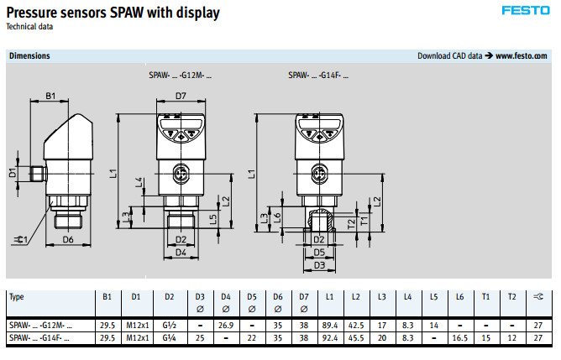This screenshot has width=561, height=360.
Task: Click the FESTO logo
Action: point(526,11)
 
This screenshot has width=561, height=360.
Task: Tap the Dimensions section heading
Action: point(29,56)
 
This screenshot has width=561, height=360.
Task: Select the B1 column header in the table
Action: point(107,297)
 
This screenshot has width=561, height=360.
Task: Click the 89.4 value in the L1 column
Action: point(329,324)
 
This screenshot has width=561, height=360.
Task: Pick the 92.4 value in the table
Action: point(329,337)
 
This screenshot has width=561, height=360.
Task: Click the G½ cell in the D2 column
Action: point(170,324)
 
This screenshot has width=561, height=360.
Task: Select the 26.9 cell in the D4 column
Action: point(225,324)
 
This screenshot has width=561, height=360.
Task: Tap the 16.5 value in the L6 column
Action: point(459,337)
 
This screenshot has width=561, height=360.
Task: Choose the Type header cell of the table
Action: point(17,297)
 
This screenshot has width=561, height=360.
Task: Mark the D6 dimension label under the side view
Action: point(70,240)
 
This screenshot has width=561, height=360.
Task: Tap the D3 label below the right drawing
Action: point(319,265)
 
